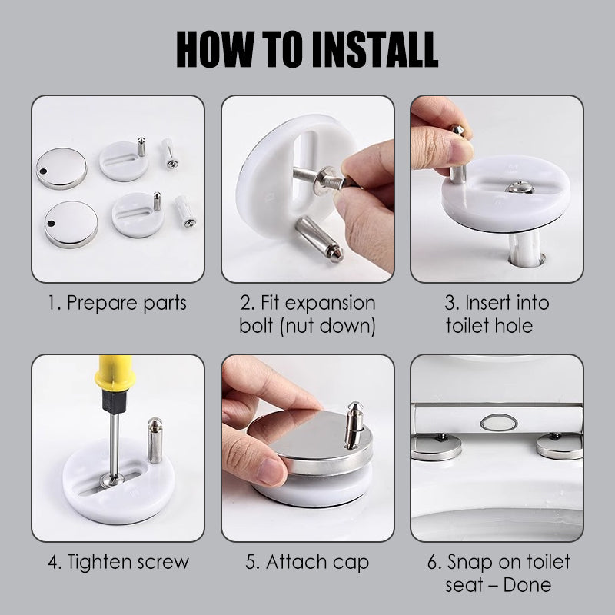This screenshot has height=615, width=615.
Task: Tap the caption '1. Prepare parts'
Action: tap(118, 302)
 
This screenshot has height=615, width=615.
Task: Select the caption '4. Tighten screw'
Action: tap(118, 561)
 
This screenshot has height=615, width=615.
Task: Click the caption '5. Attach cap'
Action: tap(307, 561)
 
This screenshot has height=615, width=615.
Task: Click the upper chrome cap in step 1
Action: tap(61, 168)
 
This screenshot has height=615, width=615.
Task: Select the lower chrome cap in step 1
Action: tap(71, 223)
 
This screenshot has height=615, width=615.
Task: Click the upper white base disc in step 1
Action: tap(123, 160)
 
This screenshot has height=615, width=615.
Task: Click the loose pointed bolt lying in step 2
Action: tap(319, 239)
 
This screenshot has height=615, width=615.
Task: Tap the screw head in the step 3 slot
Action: tap(520, 187)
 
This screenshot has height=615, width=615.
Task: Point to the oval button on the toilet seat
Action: tap(497, 421)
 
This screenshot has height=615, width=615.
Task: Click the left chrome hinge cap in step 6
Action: tap(436, 446)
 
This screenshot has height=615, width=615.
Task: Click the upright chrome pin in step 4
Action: tap(155, 440)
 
